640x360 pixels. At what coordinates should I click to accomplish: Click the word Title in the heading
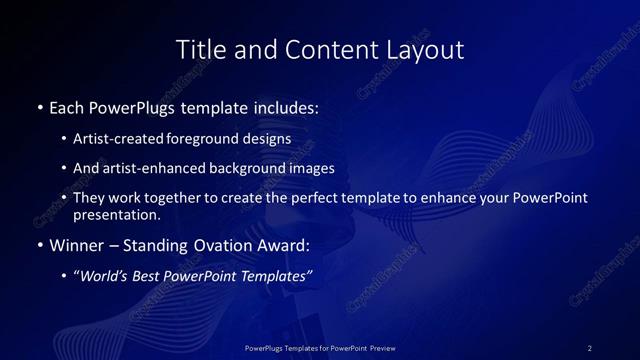[199, 49]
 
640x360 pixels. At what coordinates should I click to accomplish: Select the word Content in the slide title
[321, 49]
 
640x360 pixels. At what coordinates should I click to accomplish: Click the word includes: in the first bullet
[285, 107]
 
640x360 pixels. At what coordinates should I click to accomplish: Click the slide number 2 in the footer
[589, 348]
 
